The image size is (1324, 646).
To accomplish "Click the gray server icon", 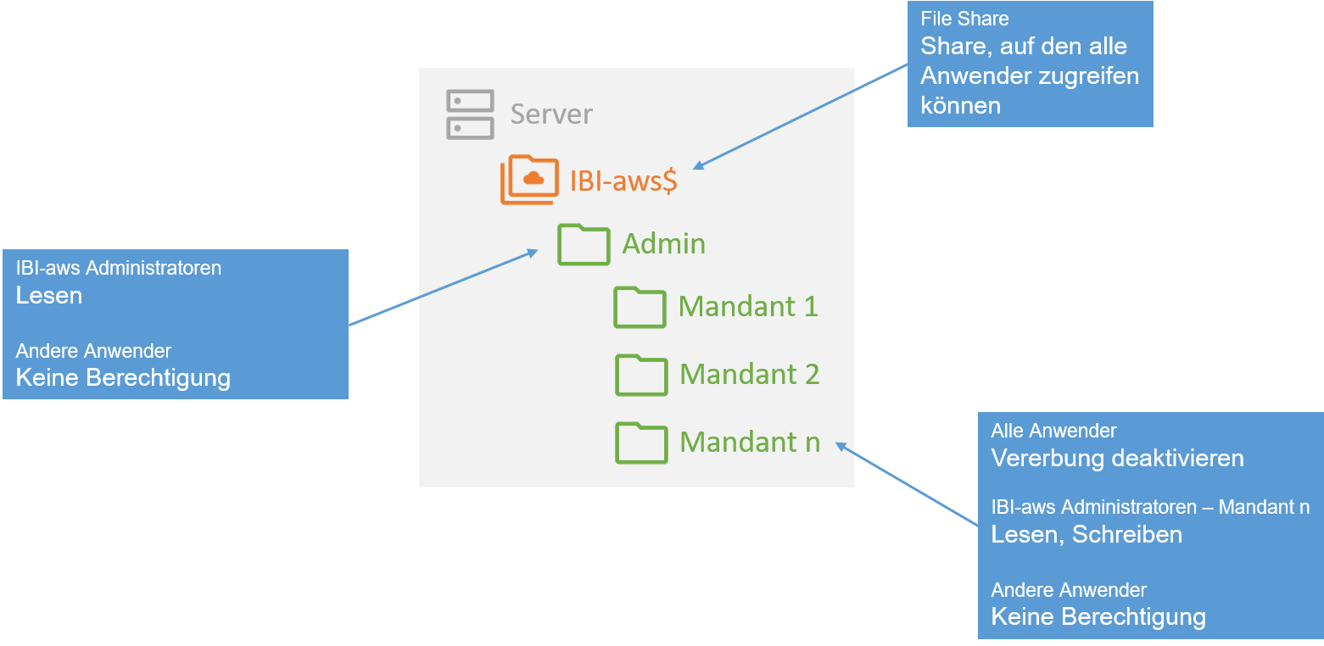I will point(470,114).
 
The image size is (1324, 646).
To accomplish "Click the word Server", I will point(551,114).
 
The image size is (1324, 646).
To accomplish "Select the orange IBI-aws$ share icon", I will point(529,180).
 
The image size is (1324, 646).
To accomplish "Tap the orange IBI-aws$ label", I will point(623,181).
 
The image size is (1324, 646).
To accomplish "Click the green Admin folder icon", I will point(584,244).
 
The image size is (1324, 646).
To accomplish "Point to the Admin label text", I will point(663,244).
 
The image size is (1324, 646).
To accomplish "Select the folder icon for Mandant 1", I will point(640,307).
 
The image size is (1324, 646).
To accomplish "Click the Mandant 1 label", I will point(748,306).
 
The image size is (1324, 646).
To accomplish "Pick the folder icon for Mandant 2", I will point(640,375).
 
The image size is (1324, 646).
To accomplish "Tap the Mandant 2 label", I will point(749,374).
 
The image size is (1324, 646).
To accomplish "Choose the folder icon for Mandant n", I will point(640,443).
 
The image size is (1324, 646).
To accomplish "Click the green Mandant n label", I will point(749,442).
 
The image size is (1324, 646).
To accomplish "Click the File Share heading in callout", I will point(964,19).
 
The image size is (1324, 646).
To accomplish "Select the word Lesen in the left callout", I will point(49,296).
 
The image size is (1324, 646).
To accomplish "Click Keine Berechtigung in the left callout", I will point(123,377).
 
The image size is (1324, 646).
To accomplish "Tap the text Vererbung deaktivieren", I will point(1117,459).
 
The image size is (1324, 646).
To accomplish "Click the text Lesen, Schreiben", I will point(1087,535).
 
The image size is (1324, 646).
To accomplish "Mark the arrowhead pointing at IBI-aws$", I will point(698,166).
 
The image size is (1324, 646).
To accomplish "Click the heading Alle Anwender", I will point(1053,432).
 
